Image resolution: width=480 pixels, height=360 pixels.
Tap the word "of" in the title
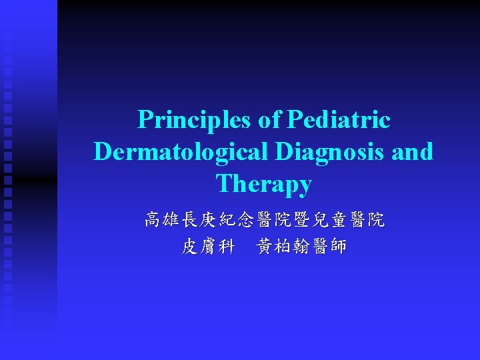tap(269, 119)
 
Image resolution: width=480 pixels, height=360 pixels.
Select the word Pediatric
tap(338, 119)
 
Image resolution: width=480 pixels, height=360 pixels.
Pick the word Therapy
tap(263, 183)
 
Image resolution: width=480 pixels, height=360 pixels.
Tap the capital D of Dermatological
tap(102, 151)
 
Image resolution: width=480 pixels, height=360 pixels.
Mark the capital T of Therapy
tap(223, 183)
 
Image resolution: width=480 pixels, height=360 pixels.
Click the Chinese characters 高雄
tap(161, 219)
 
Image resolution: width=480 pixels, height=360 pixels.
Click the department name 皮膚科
tap(207, 247)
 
